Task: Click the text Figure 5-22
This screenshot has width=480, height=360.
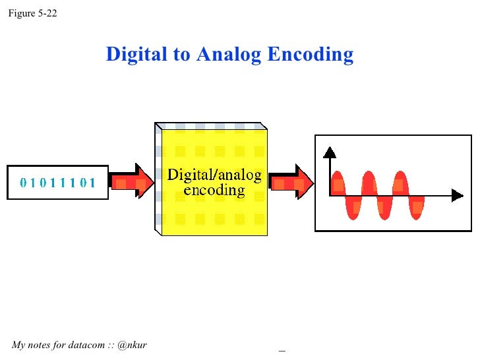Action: pos(32,13)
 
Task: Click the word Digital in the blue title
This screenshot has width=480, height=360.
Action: pos(137,54)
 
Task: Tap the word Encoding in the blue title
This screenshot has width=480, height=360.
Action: pos(311,54)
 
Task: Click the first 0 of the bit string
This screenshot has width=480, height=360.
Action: pos(24,183)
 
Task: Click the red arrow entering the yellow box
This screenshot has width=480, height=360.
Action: pos(131,180)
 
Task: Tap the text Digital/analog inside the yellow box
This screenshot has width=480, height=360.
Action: pos(214,175)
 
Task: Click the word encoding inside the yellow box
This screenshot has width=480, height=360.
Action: pos(214,191)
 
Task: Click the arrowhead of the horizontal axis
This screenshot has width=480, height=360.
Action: pos(457,195)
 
